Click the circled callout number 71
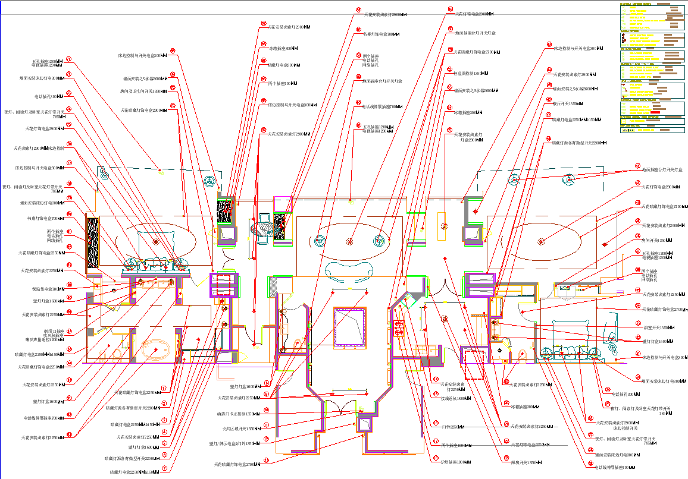pos(68,59)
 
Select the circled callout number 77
pos(69,163)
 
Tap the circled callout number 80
pos(69,214)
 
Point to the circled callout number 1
pos(164,388)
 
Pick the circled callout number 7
pos(164,468)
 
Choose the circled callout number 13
pos(266,460)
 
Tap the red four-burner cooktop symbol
pos(399,328)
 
